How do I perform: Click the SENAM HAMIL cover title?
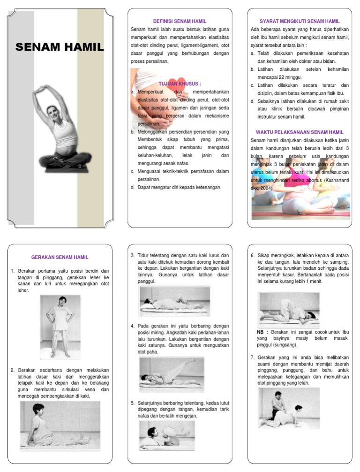click(x=60, y=47)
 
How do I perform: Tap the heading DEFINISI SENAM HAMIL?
click(x=180, y=21)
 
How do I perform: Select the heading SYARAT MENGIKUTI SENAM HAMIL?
click(x=300, y=21)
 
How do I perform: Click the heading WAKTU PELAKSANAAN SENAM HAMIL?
click(x=300, y=132)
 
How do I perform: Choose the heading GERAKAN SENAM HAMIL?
click(x=60, y=257)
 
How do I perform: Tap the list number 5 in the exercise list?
click(x=133, y=403)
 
